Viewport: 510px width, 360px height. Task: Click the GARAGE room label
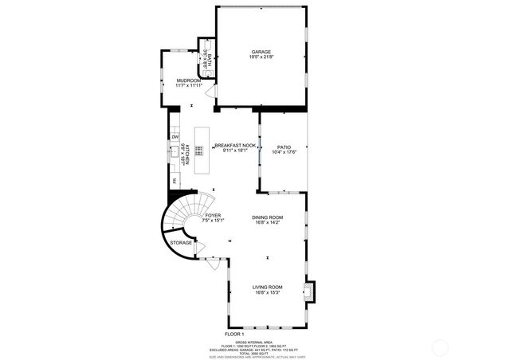pos(262,52)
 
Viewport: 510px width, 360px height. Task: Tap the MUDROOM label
pos(187,80)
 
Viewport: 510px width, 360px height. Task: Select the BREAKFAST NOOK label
pos(234,146)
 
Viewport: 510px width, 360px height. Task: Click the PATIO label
pos(284,147)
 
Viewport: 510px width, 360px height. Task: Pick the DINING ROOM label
pos(268,217)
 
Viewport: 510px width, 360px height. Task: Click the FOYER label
pos(213,216)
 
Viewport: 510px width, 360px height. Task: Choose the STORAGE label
pos(181,242)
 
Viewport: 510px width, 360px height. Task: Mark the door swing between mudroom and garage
pos(210,92)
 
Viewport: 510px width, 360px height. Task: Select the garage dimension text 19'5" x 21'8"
pos(262,57)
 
